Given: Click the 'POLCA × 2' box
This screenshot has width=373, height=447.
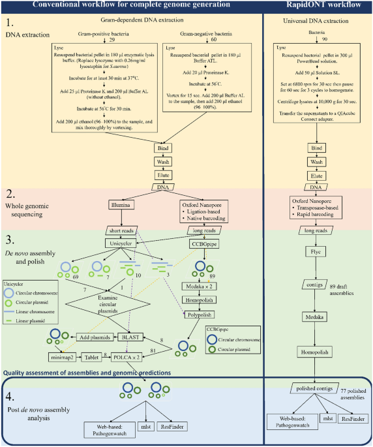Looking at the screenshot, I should pyautogui.click(x=136, y=358).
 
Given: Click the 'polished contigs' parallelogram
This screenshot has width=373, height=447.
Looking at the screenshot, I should pyautogui.click(x=316, y=388).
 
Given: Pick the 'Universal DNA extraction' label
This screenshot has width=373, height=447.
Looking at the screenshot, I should pyautogui.click(x=316, y=22).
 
